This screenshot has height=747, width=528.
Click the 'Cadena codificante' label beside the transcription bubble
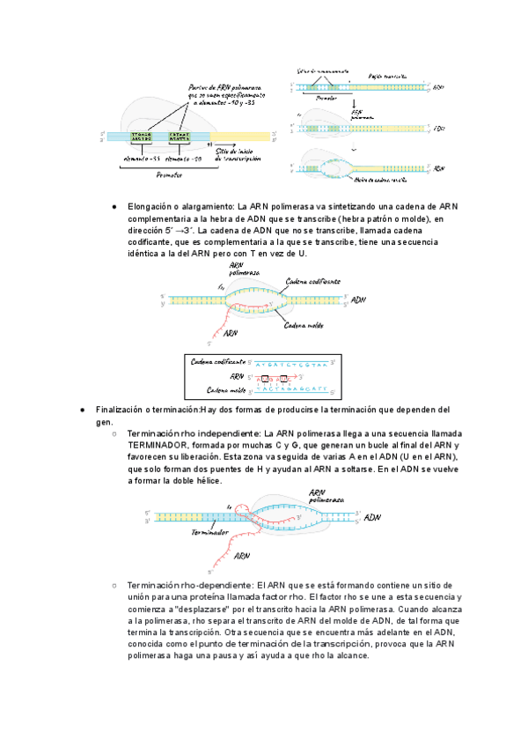312,281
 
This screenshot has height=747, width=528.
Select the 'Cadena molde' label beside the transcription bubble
301,325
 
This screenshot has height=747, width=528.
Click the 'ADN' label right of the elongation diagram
359,300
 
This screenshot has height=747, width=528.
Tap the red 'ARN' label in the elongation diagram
231,334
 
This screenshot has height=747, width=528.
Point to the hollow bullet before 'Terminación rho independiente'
114,434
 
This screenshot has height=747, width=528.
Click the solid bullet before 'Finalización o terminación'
81,410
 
